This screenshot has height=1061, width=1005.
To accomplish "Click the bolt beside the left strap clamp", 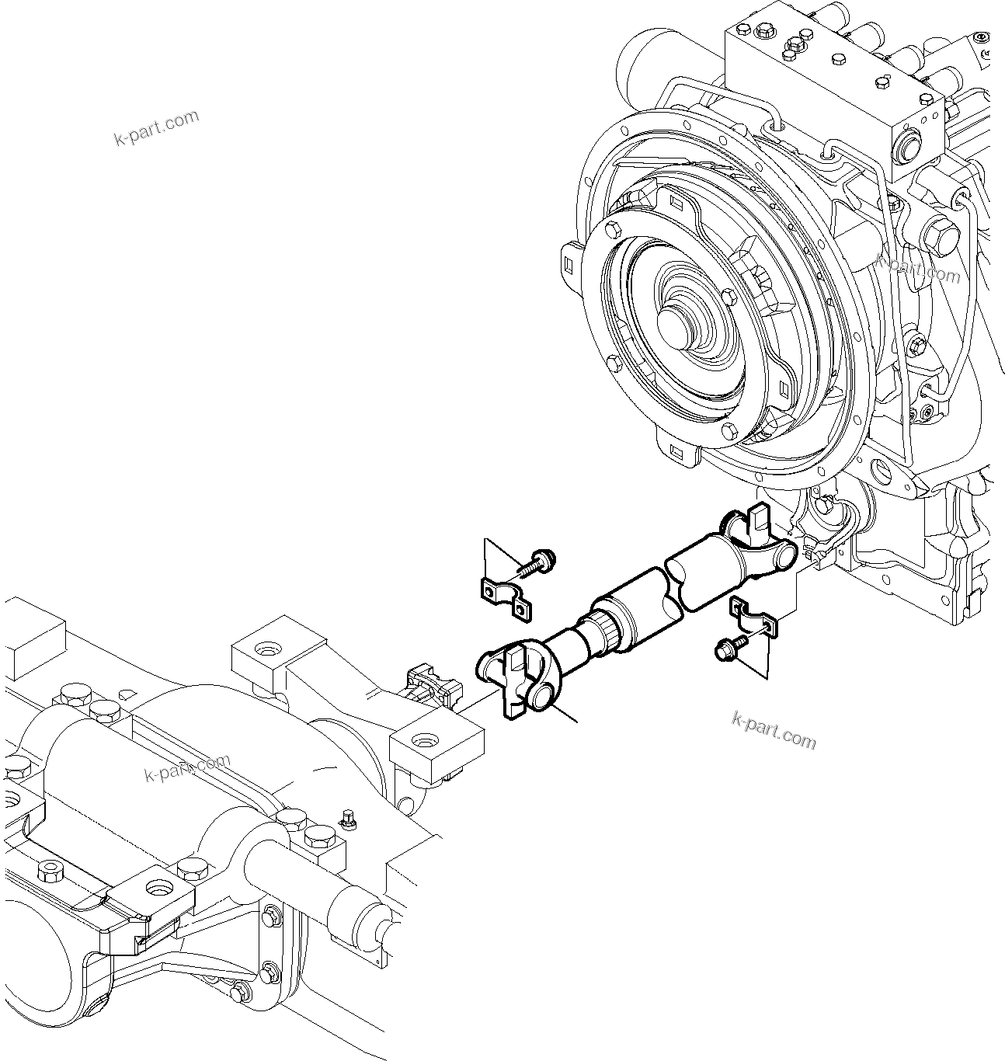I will pyautogui.click(x=537, y=562).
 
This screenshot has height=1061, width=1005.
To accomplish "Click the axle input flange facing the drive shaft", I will pyautogui.click(x=429, y=680).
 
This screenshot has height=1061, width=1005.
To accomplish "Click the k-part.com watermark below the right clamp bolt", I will pyautogui.click(x=774, y=731).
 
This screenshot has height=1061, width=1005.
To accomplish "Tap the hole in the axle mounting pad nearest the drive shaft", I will pyautogui.click(x=424, y=739).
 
